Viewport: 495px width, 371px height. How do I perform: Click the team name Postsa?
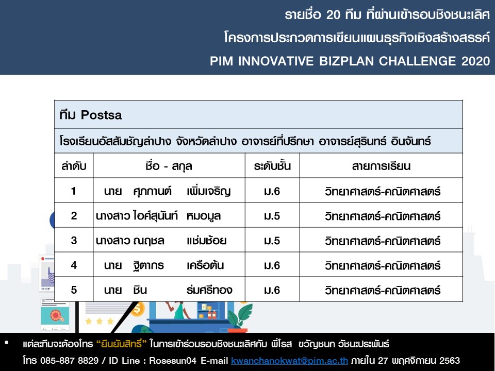click(101, 115)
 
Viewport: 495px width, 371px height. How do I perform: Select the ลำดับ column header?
click(74, 166)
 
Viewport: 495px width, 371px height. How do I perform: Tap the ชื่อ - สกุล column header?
click(169, 166)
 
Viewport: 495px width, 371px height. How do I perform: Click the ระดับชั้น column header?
click(272, 166)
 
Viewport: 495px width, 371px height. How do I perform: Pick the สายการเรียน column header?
click(381, 166)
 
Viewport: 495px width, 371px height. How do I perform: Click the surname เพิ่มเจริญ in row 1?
click(209, 191)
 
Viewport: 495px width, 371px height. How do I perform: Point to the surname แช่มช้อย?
click(206, 241)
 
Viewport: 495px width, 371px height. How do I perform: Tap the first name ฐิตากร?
click(148, 265)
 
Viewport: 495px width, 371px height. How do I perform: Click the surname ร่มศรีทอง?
click(209, 290)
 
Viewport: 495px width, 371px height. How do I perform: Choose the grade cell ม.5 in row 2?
click(272, 216)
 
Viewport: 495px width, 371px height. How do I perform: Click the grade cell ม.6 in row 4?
click(272, 265)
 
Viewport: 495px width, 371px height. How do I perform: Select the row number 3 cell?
click(74, 241)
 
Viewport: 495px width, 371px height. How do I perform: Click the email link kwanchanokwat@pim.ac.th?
click(289, 360)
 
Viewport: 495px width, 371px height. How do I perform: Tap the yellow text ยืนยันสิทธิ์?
click(121, 344)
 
